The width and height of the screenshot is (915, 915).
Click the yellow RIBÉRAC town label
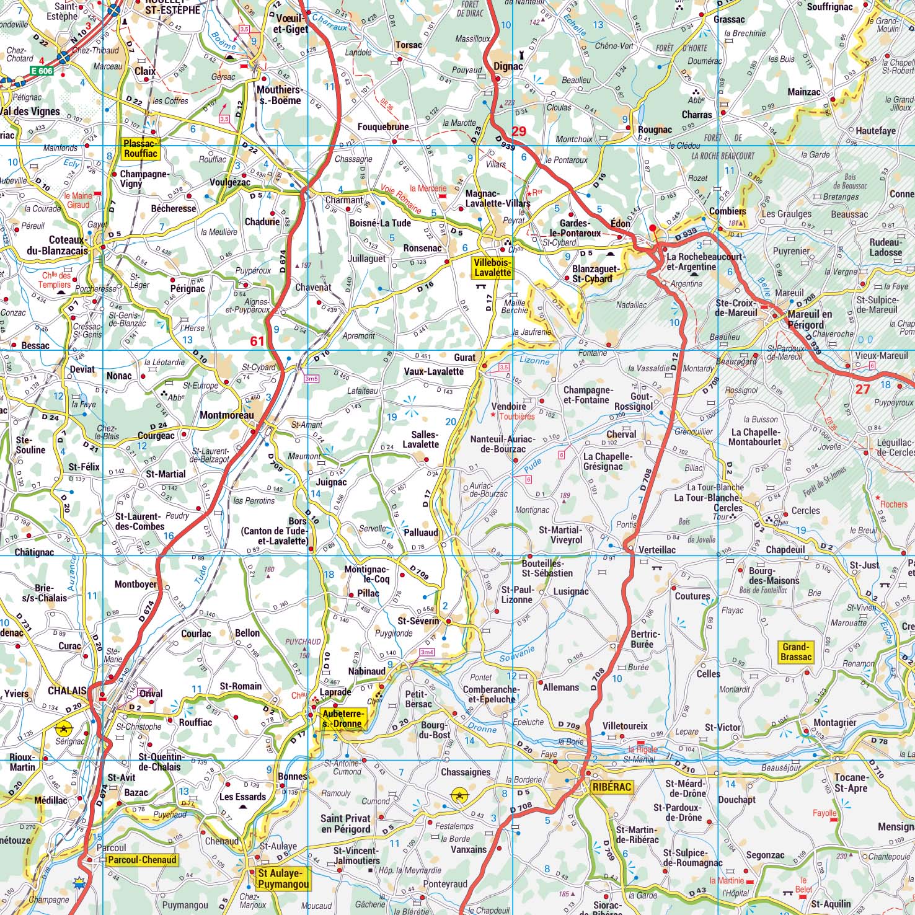pyautogui.click(x=611, y=787)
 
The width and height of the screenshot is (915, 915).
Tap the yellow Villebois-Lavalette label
pyautogui.click(x=492, y=268)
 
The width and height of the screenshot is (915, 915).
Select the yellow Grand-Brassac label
pyautogui.click(x=796, y=652)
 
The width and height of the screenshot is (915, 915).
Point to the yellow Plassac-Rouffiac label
pyautogui.click(x=141, y=149)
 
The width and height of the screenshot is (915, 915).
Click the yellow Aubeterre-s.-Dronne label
pyautogui.click(x=342, y=718)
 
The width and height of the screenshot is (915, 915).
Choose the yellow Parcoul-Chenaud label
pyautogui.click(x=142, y=860)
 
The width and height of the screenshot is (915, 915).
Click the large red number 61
pyautogui.click(x=257, y=341)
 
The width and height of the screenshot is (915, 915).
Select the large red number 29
pyautogui.click(x=519, y=131)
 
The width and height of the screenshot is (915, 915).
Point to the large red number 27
pyautogui.click(x=863, y=389)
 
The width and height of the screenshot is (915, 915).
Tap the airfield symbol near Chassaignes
pyautogui.click(x=459, y=794)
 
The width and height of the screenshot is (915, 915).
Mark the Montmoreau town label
pyautogui.click(x=227, y=415)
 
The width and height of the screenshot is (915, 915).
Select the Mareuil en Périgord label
pyautogui.click(x=810, y=319)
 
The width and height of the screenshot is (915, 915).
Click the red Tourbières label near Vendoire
pyautogui.click(x=516, y=417)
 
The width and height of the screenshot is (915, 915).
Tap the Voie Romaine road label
pyautogui.click(x=401, y=200)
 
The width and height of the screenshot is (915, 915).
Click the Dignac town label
pyautogui.click(x=508, y=66)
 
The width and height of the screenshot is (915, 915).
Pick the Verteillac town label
pyautogui.click(x=657, y=550)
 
